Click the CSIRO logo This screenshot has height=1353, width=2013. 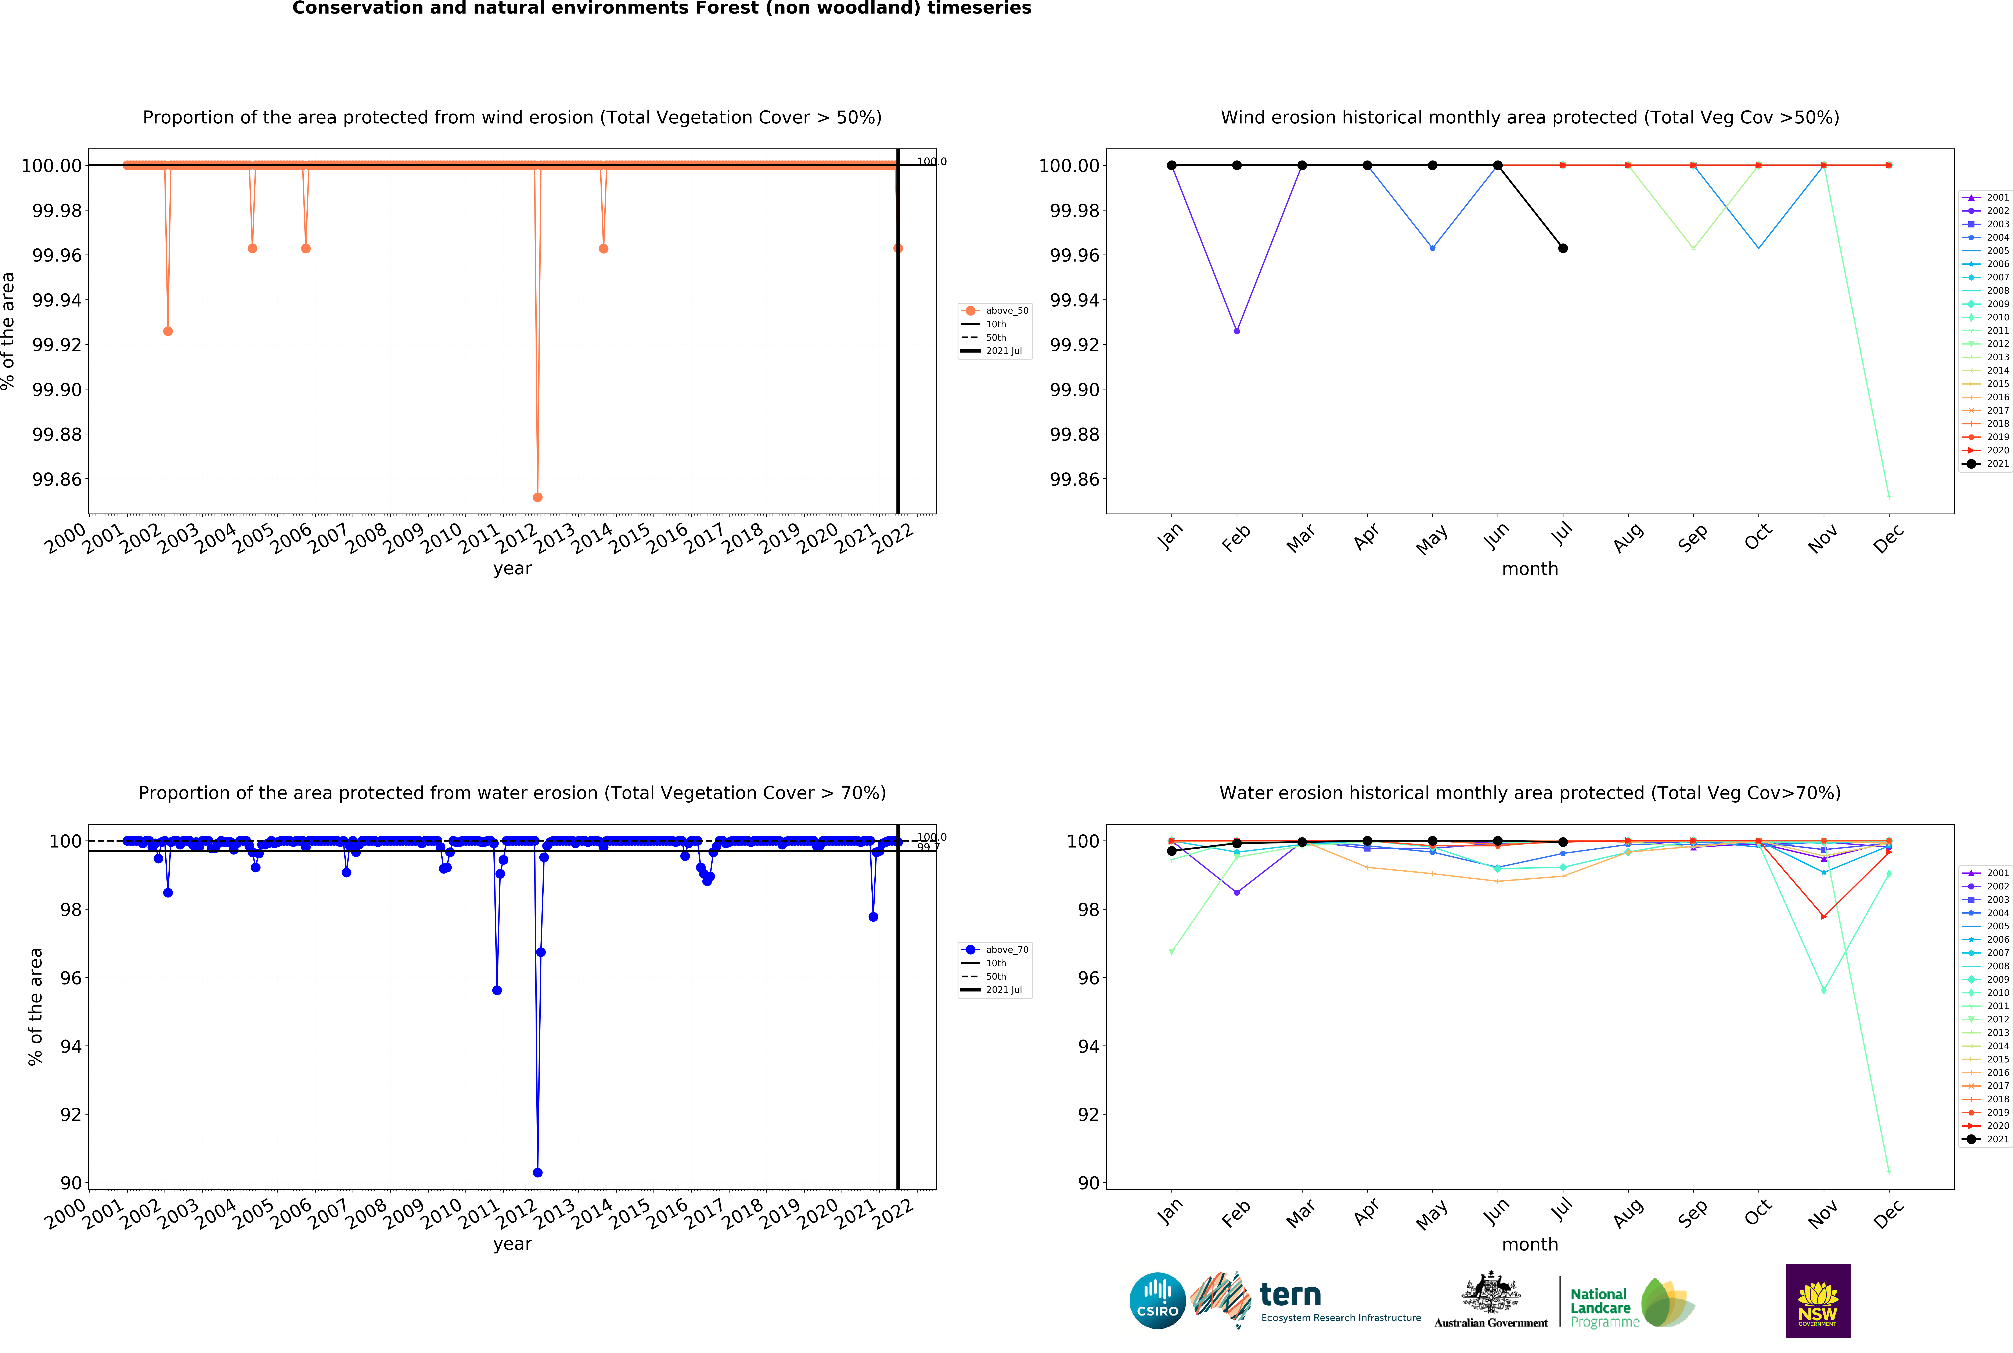(x=1157, y=1300)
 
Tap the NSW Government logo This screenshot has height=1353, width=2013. (x=1817, y=1300)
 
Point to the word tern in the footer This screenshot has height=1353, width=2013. (x=1290, y=1294)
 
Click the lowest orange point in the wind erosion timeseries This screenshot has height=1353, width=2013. (x=537, y=497)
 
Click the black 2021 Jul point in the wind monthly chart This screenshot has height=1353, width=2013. (x=1563, y=248)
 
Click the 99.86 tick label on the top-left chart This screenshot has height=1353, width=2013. (x=57, y=480)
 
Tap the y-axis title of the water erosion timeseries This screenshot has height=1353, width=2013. (x=35, y=1006)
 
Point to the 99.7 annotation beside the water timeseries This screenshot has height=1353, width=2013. (x=928, y=847)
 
